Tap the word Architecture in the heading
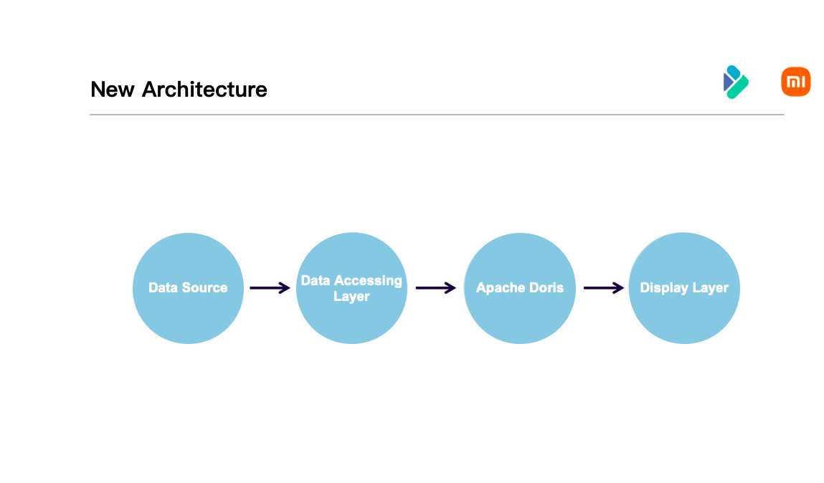click(x=204, y=90)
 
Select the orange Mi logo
click(x=795, y=82)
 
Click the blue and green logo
click(x=735, y=82)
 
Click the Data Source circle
click(x=188, y=315)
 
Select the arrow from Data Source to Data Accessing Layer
click(x=270, y=288)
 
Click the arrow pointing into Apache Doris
click(x=435, y=288)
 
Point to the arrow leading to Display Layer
click(x=603, y=288)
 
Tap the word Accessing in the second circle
click(x=369, y=280)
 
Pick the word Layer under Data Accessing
click(x=351, y=296)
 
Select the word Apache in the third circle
click(x=500, y=288)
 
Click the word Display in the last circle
click(x=664, y=288)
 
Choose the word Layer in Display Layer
click(x=711, y=288)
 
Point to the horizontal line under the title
click(x=436, y=115)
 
